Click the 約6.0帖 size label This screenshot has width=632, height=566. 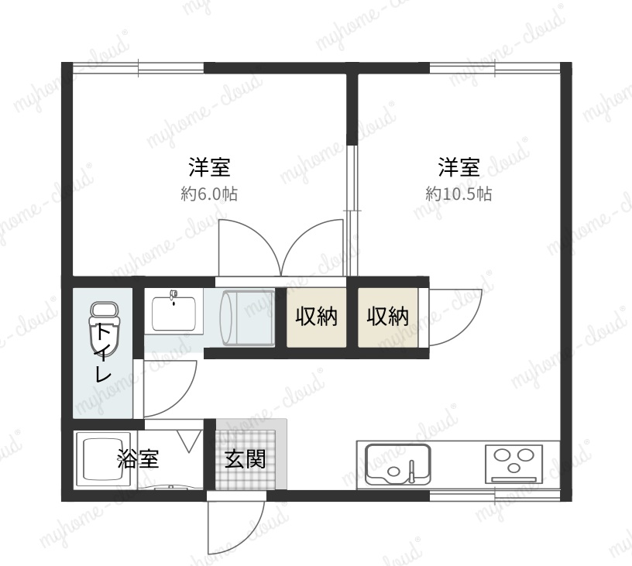click(209, 194)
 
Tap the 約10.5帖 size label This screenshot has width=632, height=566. click(459, 194)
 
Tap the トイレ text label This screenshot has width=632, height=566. click(103, 353)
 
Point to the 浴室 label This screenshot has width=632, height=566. click(138, 458)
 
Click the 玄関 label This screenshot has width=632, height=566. click(245, 458)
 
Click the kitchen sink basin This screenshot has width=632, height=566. click(398, 464)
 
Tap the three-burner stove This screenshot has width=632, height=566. click(514, 464)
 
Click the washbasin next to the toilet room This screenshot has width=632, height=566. click(173, 312)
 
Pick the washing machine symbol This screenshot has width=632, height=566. click(247, 317)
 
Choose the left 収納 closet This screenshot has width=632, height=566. click(317, 317)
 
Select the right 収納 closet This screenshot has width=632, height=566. click(388, 317)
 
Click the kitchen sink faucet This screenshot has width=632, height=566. click(411, 470)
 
